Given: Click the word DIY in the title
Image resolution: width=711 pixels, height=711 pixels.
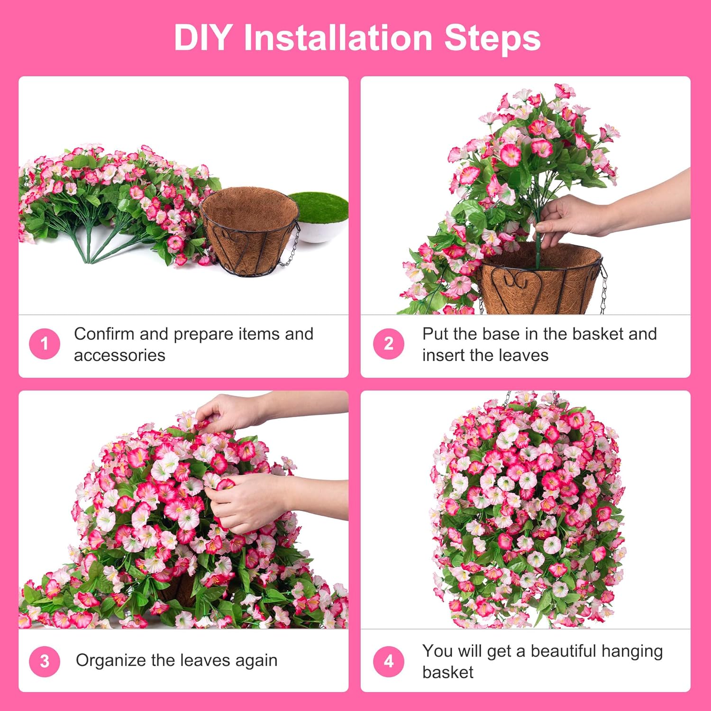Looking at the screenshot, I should point(203,38).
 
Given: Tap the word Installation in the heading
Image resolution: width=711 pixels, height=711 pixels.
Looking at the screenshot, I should point(337,38).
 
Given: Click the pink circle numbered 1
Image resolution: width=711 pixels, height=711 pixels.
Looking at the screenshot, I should point(44,344).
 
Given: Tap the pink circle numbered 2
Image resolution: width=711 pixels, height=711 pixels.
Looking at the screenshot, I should point(388,344).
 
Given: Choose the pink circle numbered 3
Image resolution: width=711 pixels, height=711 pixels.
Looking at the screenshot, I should point(44,661).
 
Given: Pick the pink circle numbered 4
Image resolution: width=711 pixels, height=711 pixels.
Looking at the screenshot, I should point(388,661).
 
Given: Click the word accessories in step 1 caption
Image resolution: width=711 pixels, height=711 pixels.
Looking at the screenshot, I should point(119,355).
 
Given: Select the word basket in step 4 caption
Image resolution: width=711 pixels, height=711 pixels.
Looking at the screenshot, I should point(447,673).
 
